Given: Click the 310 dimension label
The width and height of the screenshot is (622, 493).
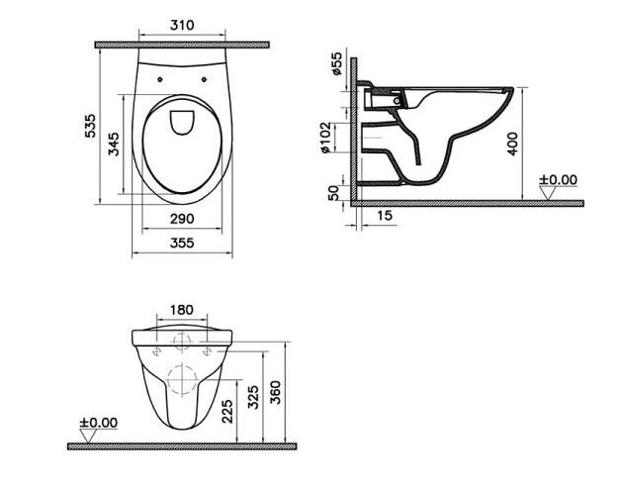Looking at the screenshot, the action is point(182,25).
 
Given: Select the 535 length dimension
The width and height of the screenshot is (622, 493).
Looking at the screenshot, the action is point(90,126).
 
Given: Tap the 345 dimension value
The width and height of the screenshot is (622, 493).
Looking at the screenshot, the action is point(114,144).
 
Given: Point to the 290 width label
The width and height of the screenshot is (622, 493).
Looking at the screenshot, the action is point(182,219).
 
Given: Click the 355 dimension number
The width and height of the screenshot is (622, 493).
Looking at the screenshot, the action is point(182,243).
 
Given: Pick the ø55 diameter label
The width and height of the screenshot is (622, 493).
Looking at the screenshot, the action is point(336,63).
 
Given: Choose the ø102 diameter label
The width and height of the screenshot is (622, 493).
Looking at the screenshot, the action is point(325,138).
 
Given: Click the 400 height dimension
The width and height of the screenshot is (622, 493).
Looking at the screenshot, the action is point(512,144).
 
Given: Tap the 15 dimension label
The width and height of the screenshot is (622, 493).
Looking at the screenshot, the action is point(384,215).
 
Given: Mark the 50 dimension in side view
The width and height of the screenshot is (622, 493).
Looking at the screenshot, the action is point(334,193).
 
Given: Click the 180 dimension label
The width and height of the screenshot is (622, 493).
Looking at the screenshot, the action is point(182,310).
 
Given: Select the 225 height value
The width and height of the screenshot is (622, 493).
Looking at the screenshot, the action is point(227,411).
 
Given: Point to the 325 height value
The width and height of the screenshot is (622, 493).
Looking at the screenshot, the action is point(253,396).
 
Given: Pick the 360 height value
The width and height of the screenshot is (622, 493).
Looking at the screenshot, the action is point(275,392).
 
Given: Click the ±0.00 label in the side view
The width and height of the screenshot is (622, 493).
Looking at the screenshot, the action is point(558,179).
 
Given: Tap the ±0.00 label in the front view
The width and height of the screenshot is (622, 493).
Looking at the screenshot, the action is point(98,423).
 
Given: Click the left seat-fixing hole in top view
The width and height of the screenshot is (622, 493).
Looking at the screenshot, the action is point(160,79).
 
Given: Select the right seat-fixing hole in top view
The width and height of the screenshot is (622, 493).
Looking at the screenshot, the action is point(205,79).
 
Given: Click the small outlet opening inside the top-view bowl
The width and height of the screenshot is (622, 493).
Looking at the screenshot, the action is point(182,123).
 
